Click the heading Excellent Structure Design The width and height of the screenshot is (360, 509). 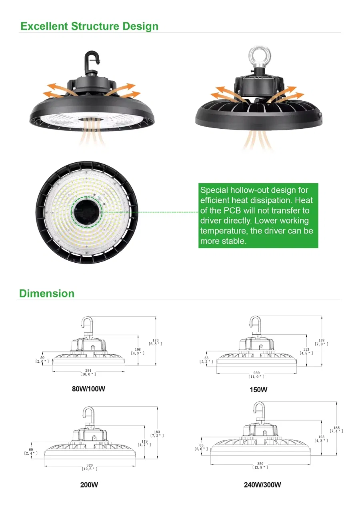(x=89, y=26)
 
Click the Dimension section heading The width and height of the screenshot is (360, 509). (x=47, y=293)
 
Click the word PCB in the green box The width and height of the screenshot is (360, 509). (x=232, y=210)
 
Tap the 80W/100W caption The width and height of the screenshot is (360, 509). (x=89, y=389)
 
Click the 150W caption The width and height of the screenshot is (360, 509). (x=258, y=390)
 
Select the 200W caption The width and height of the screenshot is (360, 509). (x=89, y=485)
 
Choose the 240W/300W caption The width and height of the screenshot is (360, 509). (x=262, y=485)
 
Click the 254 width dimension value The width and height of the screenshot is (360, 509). (x=88, y=370)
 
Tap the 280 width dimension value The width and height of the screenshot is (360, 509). (x=256, y=373)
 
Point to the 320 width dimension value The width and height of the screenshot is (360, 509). (x=90, y=465)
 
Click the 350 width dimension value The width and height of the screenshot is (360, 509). (x=260, y=463)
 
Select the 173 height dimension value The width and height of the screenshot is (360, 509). (x=156, y=340)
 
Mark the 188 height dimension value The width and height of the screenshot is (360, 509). (x=336, y=428)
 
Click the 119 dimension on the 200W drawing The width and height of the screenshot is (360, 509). (x=144, y=441)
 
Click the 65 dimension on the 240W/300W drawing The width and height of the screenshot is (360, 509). (x=201, y=445)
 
